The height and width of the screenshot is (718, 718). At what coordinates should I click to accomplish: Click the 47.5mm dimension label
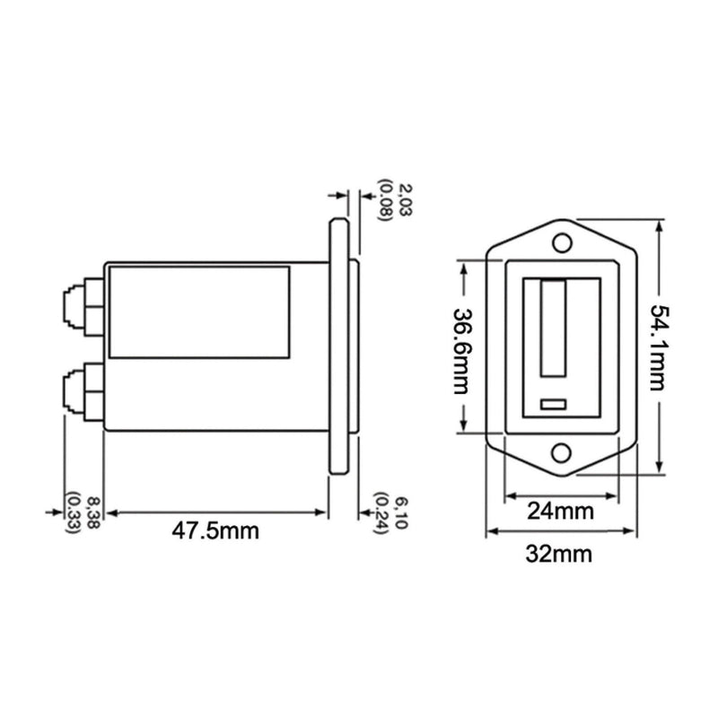point(215,530)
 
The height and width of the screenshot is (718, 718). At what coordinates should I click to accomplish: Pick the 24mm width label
point(561,512)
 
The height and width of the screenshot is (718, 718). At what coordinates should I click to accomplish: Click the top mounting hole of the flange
point(562,243)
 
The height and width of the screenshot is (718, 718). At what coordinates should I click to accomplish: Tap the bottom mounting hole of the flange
point(562,453)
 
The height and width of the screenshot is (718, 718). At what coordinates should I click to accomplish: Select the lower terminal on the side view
point(83,392)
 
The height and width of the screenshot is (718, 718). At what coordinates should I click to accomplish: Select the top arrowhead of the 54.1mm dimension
point(661,225)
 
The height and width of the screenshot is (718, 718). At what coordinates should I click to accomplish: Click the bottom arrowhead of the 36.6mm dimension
point(464,425)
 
